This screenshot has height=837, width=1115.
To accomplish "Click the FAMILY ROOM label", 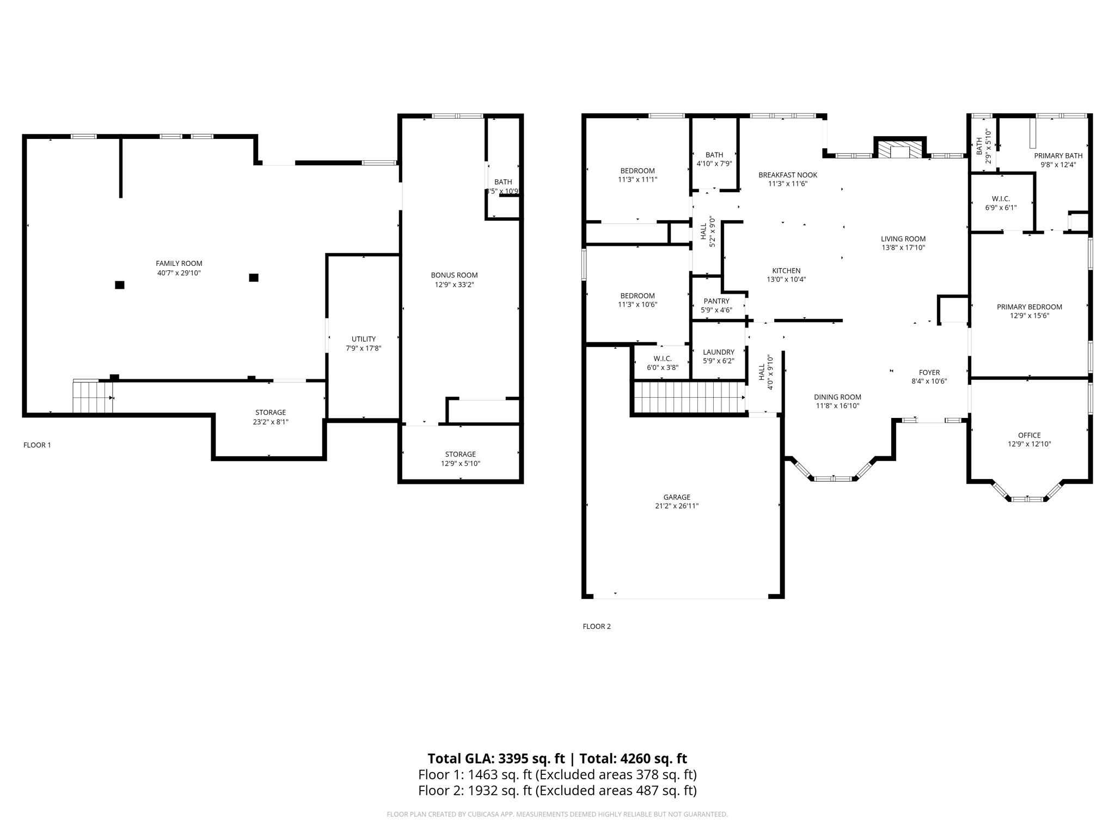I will click(179, 264).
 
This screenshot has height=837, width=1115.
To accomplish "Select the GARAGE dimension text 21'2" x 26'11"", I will click(676, 506).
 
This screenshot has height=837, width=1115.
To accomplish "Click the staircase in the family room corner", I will click(93, 397).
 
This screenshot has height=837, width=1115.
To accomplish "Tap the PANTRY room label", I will click(716, 301).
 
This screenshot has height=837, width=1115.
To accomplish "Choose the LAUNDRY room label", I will click(718, 353).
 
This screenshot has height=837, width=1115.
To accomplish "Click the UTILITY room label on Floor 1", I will click(363, 339).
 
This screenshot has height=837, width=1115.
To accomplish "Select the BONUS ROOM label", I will click(454, 275).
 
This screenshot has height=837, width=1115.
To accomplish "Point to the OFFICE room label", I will click(1029, 435).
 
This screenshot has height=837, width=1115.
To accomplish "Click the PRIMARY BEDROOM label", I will click(1029, 307).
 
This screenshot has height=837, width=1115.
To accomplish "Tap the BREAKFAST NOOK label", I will click(787, 175).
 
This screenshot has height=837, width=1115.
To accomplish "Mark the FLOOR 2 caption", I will click(596, 627).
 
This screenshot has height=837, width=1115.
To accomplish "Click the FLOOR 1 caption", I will click(37, 445).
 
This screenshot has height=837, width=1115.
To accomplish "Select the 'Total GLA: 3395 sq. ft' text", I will click(496, 759).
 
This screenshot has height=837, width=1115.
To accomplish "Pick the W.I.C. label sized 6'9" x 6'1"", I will click(1001, 199).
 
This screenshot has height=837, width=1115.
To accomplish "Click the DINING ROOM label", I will click(837, 397).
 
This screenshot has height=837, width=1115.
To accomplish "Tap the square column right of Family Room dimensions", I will click(253, 278).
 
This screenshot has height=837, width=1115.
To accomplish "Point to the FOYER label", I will click(929, 373).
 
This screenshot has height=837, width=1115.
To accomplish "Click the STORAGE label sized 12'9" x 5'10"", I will click(460, 454).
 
